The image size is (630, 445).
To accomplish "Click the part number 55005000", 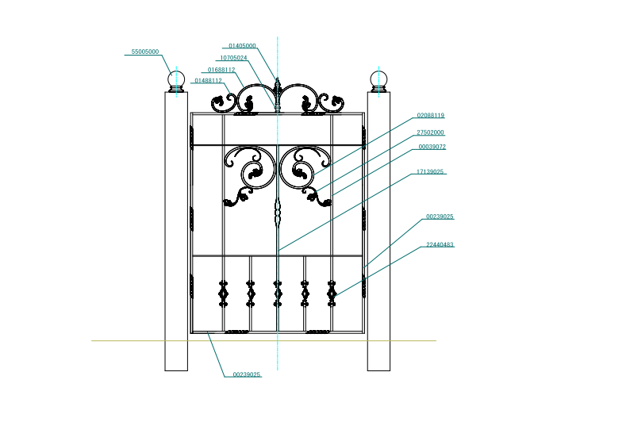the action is click(145, 52).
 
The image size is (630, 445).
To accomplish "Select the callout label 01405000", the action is click(242, 46).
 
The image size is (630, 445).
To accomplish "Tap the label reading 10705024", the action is click(233, 58).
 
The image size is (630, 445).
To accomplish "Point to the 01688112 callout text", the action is click(221, 70).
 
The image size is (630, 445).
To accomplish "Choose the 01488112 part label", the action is click(208, 81).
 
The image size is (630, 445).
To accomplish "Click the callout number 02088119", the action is click(431, 115).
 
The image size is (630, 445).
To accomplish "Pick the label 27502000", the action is click(430, 132).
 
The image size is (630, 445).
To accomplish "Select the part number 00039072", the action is click(432, 147).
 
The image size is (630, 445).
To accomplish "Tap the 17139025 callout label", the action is click(430, 172).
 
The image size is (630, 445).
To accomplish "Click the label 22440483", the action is click(440, 244).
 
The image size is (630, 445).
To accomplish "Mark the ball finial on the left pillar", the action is click(176, 81).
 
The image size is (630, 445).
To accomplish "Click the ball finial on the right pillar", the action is click(378, 81).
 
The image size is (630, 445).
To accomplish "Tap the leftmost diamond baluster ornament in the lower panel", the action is click(224, 294).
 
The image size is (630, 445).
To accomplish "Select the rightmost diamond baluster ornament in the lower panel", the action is click(332, 294).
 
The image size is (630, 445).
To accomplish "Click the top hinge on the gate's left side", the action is click(192, 137).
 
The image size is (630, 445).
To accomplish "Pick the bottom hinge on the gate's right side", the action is click(363, 286).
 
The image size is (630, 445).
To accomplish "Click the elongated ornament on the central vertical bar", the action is click(277, 212).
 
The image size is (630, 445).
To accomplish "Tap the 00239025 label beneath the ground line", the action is click(247, 374).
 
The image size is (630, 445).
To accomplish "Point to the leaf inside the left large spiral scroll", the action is click(255, 174).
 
